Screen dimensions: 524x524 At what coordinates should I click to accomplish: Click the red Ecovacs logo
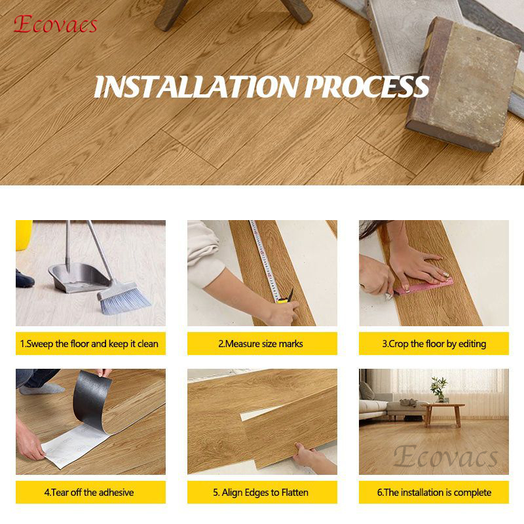(x=56, y=24)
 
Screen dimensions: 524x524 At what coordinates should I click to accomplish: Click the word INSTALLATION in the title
(x=196, y=86)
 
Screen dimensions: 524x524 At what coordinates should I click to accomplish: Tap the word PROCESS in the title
(x=367, y=86)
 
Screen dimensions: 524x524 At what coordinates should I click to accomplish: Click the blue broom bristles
(x=124, y=299)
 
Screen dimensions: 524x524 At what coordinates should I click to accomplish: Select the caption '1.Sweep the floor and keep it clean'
(x=89, y=343)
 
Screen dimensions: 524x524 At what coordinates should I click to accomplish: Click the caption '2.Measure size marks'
(x=261, y=343)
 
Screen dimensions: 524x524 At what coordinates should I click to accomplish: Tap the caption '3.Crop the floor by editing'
(x=434, y=343)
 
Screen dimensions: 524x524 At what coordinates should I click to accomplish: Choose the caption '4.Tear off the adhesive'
(x=89, y=493)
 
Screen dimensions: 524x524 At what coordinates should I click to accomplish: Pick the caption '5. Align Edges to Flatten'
(x=261, y=493)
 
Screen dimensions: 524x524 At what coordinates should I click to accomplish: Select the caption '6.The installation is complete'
(x=434, y=493)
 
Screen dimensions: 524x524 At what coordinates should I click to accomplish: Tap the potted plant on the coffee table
(x=439, y=389)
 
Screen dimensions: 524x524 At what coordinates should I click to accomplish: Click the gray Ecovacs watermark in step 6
(x=445, y=456)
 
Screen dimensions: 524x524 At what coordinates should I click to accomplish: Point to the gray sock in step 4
(x=42, y=388)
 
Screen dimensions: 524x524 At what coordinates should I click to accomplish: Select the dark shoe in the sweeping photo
(x=24, y=280)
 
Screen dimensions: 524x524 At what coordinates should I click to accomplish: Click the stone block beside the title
(x=463, y=84)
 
